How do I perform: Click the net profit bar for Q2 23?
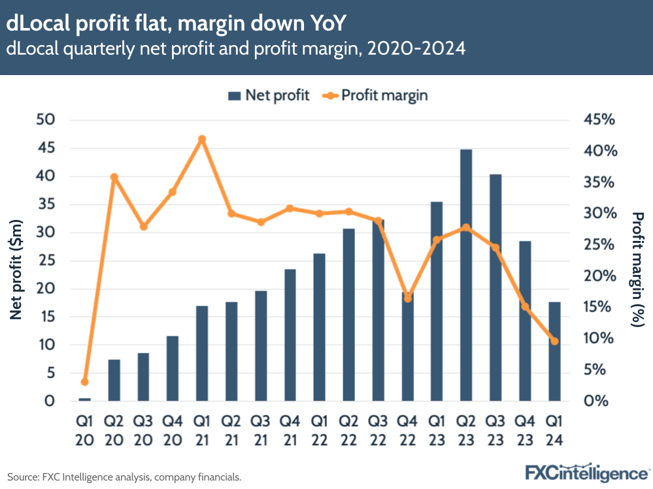[466, 275]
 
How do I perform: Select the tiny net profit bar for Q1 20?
[85, 399]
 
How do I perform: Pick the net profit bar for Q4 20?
[173, 368]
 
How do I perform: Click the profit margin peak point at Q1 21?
[202, 139]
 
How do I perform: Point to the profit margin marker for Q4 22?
[407, 298]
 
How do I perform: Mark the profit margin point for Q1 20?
[85, 382]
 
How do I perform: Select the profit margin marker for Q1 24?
[554, 341]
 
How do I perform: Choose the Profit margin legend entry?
[375, 95]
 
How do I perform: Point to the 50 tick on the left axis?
[50, 120]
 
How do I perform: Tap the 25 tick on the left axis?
[50, 260]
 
